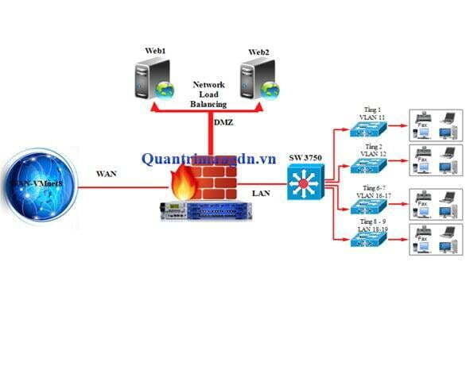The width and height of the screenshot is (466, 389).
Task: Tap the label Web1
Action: click(x=155, y=51)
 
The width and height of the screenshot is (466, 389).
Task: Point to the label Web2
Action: click(x=258, y=52)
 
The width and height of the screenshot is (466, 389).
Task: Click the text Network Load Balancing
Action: click(x=209, y=93)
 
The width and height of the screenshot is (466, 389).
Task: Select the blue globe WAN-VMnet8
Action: click(x=39, y=187)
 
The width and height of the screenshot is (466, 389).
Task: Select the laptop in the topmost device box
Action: click(x=449, y=120)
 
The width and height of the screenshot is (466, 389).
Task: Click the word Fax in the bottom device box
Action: click(x=423, y=237)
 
